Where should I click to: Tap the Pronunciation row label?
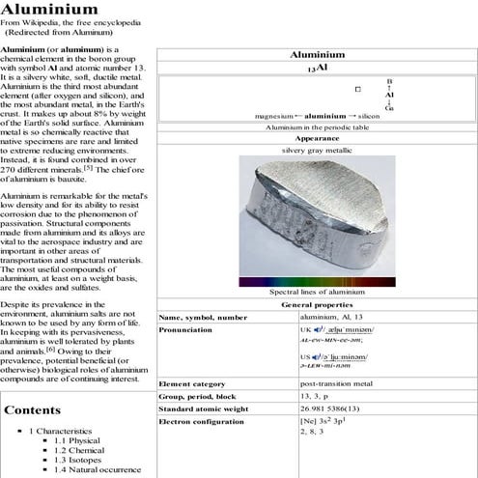pos(185,329)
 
